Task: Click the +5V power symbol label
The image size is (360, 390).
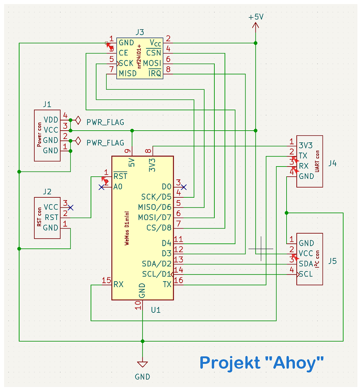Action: (255, 17)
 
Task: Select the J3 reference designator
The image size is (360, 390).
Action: (139, 32)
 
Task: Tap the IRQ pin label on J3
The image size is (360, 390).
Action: (155, 73)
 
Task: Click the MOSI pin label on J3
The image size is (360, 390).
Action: (152, 63)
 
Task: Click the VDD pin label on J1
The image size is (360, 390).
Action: (51, 119)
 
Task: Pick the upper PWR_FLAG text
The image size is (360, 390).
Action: (105, 122)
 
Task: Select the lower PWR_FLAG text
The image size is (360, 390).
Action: (105, 143)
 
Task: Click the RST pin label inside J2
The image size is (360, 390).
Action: (51, 217)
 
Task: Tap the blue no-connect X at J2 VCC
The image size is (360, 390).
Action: (70, 207)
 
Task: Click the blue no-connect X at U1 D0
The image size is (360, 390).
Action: (184, 187)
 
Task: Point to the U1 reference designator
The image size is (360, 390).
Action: (156, 310)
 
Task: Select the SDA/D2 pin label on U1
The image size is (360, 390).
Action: (157, 264)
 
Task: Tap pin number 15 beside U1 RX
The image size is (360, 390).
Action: (106, 280)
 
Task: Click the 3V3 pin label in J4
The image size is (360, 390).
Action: (305, 145)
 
